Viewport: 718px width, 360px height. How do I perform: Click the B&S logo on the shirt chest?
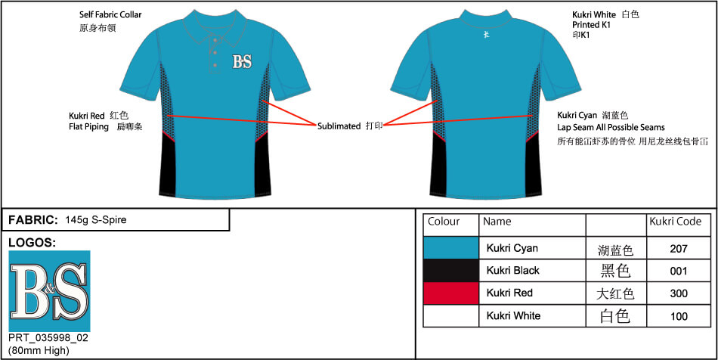coord(243,61)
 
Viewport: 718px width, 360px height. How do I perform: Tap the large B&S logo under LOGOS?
coord(49,291)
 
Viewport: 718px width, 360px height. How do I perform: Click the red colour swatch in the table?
coord(451,293)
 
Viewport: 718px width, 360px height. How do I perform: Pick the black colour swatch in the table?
coord(451,271)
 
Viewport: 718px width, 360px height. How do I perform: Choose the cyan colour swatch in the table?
coord(451,248)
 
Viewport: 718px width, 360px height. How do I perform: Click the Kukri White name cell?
coord(513,315)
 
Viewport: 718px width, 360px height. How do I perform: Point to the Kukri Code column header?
coord(676,222)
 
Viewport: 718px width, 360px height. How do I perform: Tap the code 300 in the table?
coord(679,293)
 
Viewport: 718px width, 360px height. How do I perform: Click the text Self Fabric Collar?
coord(110,14)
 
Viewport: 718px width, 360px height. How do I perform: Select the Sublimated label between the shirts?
coord(339,126)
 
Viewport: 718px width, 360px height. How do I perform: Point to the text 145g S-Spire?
coord(96,220)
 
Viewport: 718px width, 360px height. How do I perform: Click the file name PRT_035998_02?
coord(48,338)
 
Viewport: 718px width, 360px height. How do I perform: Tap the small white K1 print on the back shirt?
coord(486,34)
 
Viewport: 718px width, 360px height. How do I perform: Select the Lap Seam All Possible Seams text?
coord(611,127)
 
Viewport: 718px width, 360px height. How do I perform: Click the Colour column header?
coord(444,222)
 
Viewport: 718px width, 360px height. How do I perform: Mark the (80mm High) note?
coord(39,351)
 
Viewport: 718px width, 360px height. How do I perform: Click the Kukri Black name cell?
coord(513,271)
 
